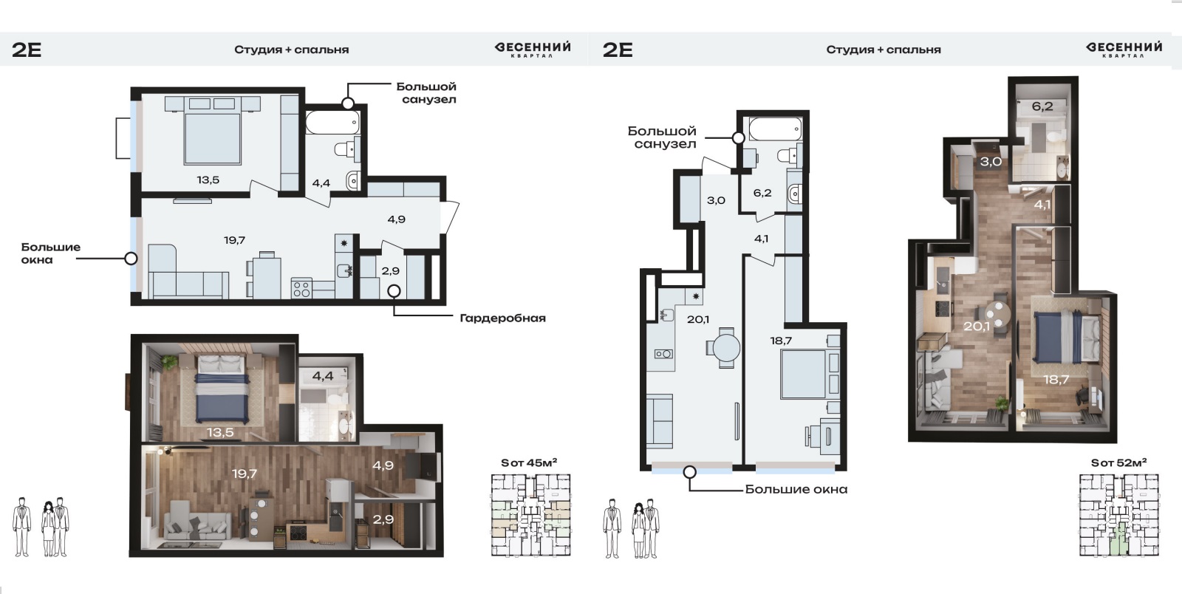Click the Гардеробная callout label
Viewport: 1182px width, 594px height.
pos(502,318)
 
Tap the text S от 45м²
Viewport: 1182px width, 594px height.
pos(529,462)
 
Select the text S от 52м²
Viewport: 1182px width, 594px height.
pos(1118,462)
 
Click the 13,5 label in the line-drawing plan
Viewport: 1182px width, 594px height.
pos(208,180)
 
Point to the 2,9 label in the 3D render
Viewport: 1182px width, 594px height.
pos(383,519)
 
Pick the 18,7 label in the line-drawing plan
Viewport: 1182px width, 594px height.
pos(780,341)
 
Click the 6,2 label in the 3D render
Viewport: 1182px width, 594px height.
pos(1042,106)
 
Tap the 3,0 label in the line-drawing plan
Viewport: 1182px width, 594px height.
pos(716,200)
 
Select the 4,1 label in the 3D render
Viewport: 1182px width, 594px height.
pos(1042,205)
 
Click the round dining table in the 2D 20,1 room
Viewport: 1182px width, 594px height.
pos(726,348)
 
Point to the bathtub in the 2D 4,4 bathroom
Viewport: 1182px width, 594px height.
pos(332,123)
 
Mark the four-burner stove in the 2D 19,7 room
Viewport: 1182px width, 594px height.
pos(302,290)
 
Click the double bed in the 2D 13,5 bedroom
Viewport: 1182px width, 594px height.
pos(213,132)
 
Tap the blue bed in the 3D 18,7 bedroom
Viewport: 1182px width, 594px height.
pos(1057,337)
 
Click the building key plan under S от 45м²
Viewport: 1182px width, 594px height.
pos(531,515)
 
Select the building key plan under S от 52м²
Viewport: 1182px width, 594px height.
pos(1119,515)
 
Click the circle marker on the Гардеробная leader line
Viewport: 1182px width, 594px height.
pos(394,291)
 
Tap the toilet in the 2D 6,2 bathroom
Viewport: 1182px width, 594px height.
pos(790,155)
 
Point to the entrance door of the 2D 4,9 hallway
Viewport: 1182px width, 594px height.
pos(450,216)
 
